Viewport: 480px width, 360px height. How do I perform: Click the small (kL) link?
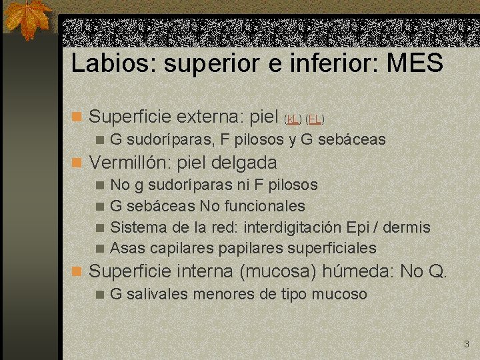pos(293,119)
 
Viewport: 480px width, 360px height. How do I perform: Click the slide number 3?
pos(466,345)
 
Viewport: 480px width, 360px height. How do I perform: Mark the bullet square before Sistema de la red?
pos(99,228)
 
